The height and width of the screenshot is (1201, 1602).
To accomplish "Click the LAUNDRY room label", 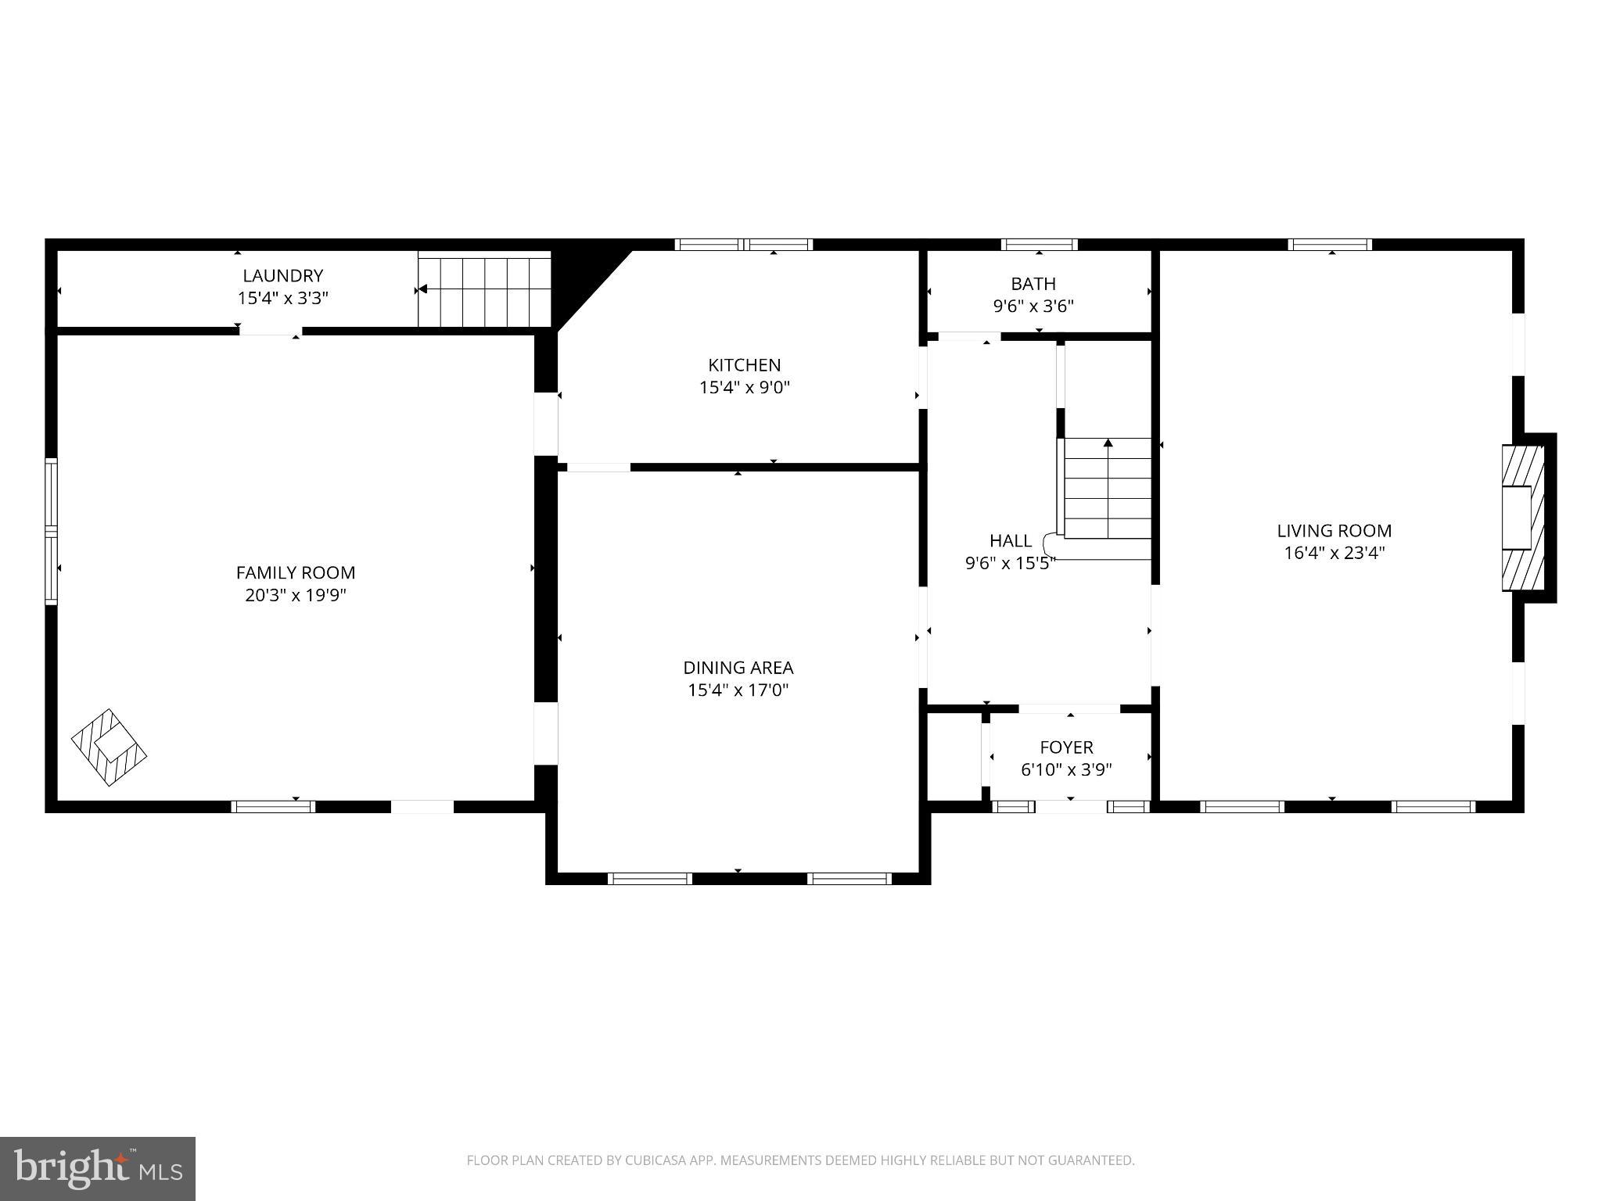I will point(282,276).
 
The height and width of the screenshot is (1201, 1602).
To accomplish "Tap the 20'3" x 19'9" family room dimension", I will point(296,596).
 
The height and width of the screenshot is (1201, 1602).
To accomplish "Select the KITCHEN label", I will point(744,365).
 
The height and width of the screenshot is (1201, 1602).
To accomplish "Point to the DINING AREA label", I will point(738,668).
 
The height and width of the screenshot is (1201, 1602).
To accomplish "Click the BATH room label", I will point(1033,284).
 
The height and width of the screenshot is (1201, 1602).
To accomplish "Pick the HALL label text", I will point(1010,541).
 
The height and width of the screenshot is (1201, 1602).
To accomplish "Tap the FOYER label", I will point(1065,747).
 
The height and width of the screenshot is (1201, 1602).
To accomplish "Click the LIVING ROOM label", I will point(1334,531).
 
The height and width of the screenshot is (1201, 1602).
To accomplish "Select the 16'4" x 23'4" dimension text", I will point(1334,554).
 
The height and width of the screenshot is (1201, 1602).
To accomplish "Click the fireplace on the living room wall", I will point(1521,518).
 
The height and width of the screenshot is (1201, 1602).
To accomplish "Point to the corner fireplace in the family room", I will point(109,747).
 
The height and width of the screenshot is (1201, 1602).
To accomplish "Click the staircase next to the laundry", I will point(484,289).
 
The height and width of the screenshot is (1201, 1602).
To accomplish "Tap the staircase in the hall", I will point(1107,489).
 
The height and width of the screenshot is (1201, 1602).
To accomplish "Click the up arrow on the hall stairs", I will point(1108,443).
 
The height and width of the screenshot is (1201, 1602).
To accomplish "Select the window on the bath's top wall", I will point(1039,244).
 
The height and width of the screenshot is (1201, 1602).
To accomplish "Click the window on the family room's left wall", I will point(51,531).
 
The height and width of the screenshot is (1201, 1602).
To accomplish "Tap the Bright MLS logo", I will point(97,1168).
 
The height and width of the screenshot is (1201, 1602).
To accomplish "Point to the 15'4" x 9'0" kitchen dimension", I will point(744,388).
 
